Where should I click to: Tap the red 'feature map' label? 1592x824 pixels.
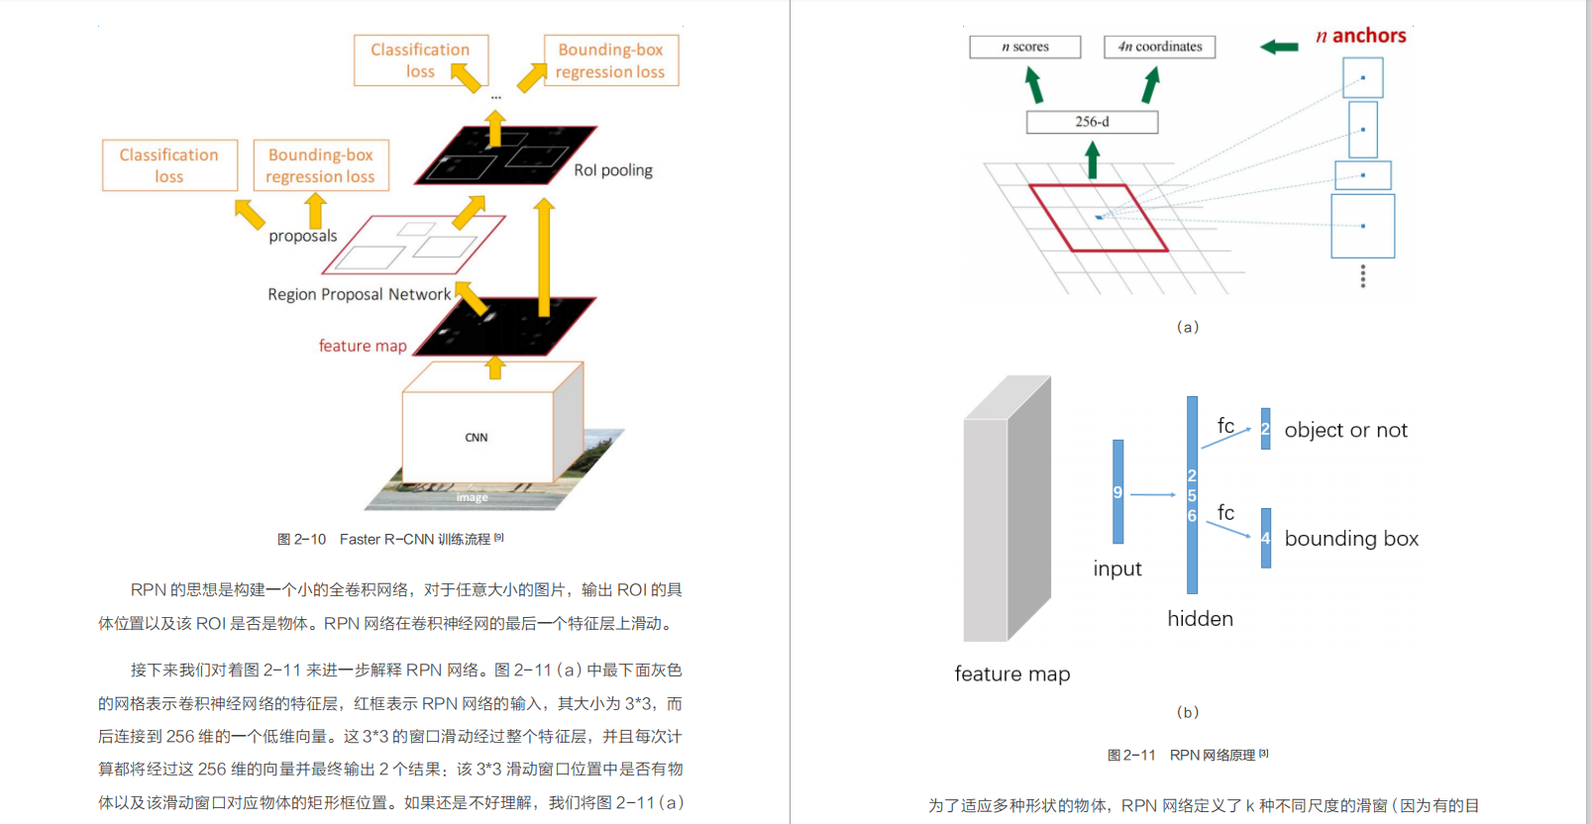click(x=363, y=346)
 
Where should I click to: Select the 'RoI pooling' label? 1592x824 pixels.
click(x=613, y=170)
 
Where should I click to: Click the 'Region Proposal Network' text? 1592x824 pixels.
click(x=359, y=294)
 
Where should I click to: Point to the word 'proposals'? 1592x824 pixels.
click(x=303, y=236)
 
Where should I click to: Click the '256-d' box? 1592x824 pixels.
click(x=1092, y=122)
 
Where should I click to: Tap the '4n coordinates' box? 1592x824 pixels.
click(x=1159, y=47)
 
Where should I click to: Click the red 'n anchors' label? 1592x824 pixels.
click(x=1361, y=37)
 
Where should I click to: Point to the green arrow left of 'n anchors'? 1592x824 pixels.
click(x=1279, y=47)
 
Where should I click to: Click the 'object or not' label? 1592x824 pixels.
click(x=1345, y=430)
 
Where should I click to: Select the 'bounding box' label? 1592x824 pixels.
click(x=1351, y=539)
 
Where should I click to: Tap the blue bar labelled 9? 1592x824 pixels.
click(x=1118, y=492)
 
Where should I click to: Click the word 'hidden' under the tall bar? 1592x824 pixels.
click(x=1200, y=619)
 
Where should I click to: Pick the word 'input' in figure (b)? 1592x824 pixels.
click(x=1117, y=568)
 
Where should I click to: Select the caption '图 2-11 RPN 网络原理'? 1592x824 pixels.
click(x=1187, y=755)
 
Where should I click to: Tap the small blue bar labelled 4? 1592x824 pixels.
click(x=1266, y=538)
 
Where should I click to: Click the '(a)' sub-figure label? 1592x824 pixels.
click(x=1187, y=327)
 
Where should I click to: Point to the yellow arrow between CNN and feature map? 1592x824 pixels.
click(x=495, y=367)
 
